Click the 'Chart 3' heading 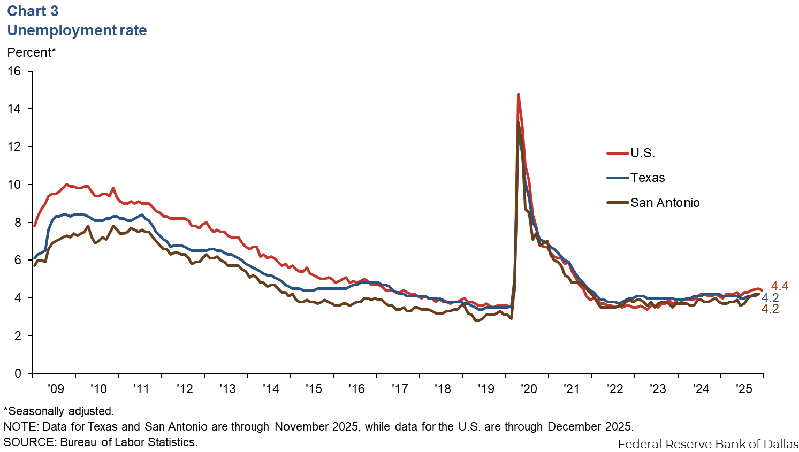[33, 11]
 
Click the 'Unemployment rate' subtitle [77, 30]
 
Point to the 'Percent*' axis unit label [32, 52]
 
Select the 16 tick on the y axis [14, 71]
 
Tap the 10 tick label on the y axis [14, 185]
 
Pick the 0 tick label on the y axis [18, 373]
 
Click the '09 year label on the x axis [55, 389]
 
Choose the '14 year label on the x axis [270, 389]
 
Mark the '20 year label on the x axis [528, 389]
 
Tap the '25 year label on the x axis [744, 389]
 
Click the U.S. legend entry [642, 153]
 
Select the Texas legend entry [648, 178]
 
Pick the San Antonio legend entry [665, 203]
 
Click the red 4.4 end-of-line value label [780, 286]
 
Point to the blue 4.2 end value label [770, 298]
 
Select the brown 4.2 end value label [770, 309]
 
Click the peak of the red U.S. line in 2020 [518, 95]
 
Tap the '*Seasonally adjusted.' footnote [59, 411]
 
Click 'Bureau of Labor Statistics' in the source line [128, 442]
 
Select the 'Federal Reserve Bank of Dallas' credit [707, 444]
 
